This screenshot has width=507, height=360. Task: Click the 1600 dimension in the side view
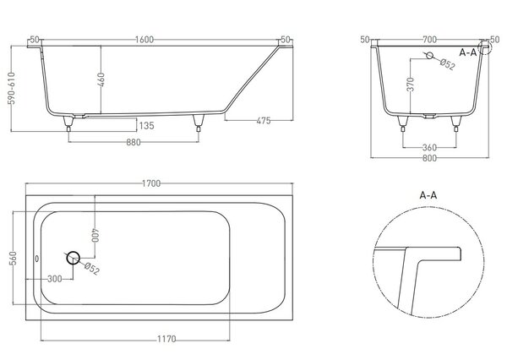144,40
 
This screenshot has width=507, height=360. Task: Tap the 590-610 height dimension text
12,88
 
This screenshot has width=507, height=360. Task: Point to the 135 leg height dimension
147,126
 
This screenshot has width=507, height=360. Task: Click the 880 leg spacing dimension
134,142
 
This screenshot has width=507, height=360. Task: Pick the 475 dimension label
264,121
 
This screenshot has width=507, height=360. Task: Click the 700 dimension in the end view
430,40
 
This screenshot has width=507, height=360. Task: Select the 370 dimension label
411,85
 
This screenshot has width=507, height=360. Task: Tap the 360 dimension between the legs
429,148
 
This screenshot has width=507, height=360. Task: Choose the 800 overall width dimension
429,158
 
